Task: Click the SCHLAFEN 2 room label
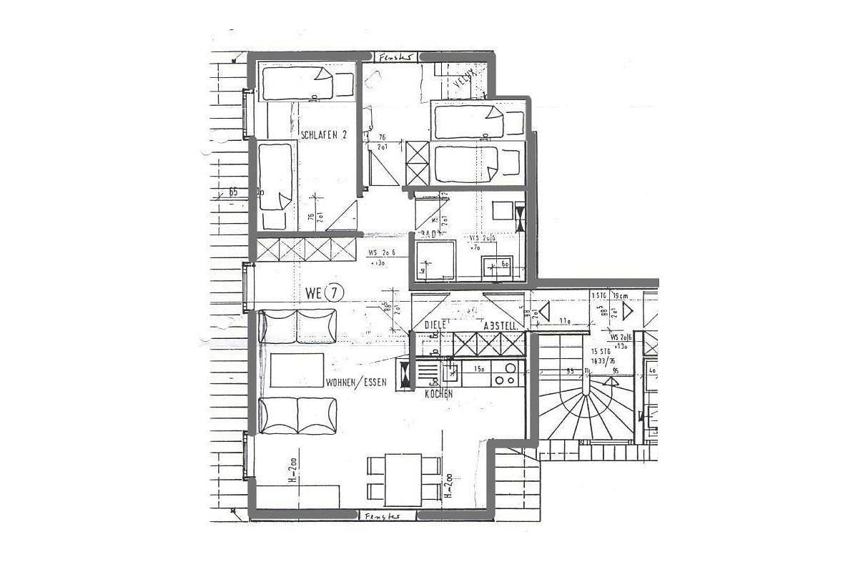tap(324, 134)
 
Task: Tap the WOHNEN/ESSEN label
tap(356, 383)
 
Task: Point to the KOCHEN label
tap(438, 394)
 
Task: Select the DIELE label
tap(435, 325)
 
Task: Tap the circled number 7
tap(335, 292)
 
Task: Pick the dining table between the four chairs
tap(404, 479)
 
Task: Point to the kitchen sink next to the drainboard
tap(451, 371)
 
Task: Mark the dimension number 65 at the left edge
tap(233, 192)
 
